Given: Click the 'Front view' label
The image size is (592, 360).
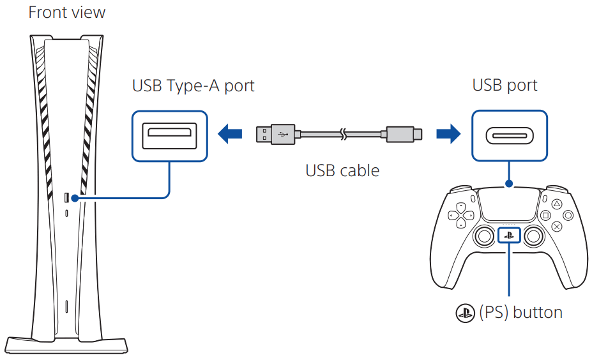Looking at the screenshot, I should tap(67, 12).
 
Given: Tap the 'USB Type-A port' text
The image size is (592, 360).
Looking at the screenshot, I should tap(193, 86).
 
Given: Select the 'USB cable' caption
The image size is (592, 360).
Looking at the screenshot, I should tap(342, 170).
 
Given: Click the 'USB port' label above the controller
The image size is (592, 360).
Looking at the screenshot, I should tap(505, 86).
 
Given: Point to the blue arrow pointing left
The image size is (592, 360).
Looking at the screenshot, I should tap(231, 134).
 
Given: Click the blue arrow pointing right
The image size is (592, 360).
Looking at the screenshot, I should tap(448, 134).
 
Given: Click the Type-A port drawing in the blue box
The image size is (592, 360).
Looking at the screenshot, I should tap(169, 135).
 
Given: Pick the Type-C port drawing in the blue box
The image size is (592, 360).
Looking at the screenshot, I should tap(509, 135).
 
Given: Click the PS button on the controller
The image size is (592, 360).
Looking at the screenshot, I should tap(508, 235).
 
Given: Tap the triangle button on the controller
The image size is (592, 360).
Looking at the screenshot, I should tap(556, 204).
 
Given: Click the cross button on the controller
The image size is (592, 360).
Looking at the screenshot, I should tap(556, 226).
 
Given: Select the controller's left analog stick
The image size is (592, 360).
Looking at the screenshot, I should tap(482, 237).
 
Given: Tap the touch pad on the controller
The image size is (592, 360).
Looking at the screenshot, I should tap(508, 204).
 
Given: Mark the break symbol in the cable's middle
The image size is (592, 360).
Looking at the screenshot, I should tap(344, 134).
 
